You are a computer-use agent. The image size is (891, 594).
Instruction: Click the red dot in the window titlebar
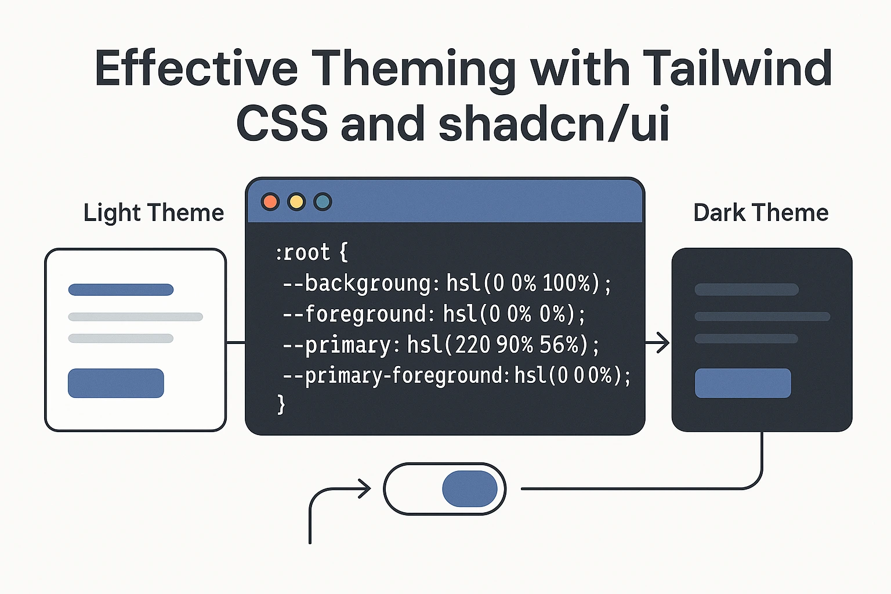(x=270, y=202)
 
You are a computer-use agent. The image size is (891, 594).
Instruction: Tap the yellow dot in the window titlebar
(x=296, y=202)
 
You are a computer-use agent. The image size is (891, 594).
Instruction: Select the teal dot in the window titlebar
(x=323, y=202)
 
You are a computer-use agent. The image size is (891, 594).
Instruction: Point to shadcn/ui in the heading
(x=554, y=124)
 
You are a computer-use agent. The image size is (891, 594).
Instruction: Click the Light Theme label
(x=154, y=213)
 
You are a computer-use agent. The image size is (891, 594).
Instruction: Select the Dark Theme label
(x=760, y=213)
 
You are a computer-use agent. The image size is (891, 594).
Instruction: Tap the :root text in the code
(x=303, y=252)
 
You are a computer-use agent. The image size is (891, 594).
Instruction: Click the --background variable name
(x=357, y=283)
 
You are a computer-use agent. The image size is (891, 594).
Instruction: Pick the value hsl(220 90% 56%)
(x=498, y=345)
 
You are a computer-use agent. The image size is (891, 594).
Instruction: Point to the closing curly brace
(x=281, y=403)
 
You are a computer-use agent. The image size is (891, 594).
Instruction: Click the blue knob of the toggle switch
(x=469, y=489)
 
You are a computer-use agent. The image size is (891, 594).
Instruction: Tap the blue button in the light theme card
(x=116, y=383)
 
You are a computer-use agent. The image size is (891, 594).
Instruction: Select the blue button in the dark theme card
(x=742, y=383)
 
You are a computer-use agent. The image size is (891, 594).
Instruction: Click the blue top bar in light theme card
(x=121, y=289)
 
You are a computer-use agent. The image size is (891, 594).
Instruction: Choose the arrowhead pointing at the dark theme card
(x=662, y=343)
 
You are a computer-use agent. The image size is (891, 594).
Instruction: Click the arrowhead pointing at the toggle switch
(x=364, y=488)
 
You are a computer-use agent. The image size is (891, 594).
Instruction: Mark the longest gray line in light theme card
(x=135, y=317)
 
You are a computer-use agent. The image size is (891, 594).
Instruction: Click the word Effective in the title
(x=196, y=68)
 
